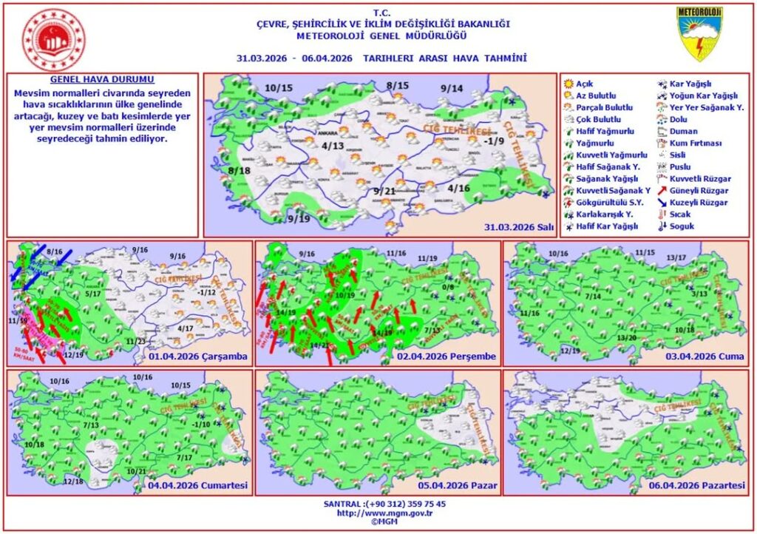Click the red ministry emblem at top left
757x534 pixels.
click(53, 39)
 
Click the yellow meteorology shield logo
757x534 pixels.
click(699, 34)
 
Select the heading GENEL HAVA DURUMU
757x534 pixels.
click(103, 79)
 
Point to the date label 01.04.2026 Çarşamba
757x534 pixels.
click(197, 356)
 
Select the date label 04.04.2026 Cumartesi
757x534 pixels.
click(198, 486)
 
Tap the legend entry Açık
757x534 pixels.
click(585, 84)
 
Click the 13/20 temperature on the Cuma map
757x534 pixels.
click(627, 338)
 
